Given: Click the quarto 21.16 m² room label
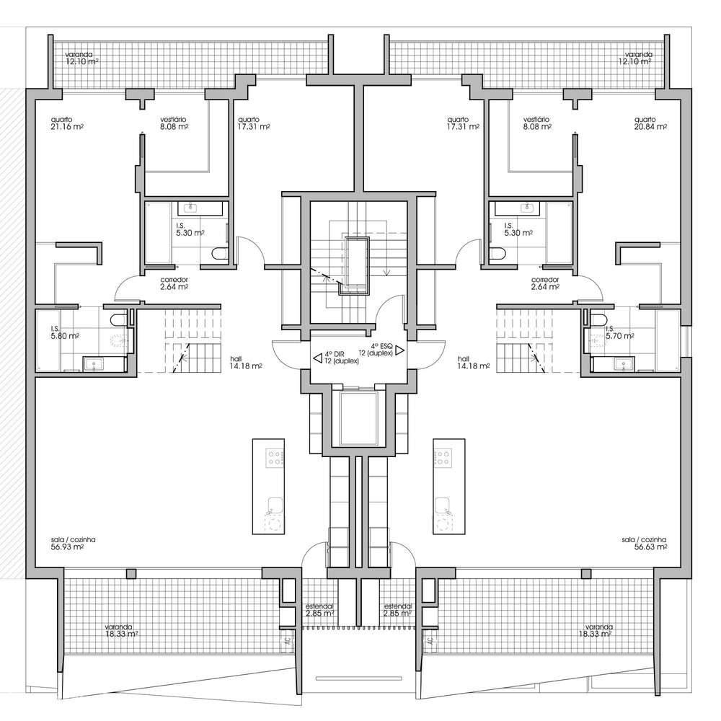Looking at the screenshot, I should [66, 123].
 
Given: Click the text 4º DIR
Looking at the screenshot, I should [335, 355].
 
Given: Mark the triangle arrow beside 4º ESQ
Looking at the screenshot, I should [399, 348].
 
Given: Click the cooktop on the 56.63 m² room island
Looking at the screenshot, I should [442, 457].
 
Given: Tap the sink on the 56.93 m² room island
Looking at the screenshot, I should [274, 504].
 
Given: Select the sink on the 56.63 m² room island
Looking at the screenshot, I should [442, 504].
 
